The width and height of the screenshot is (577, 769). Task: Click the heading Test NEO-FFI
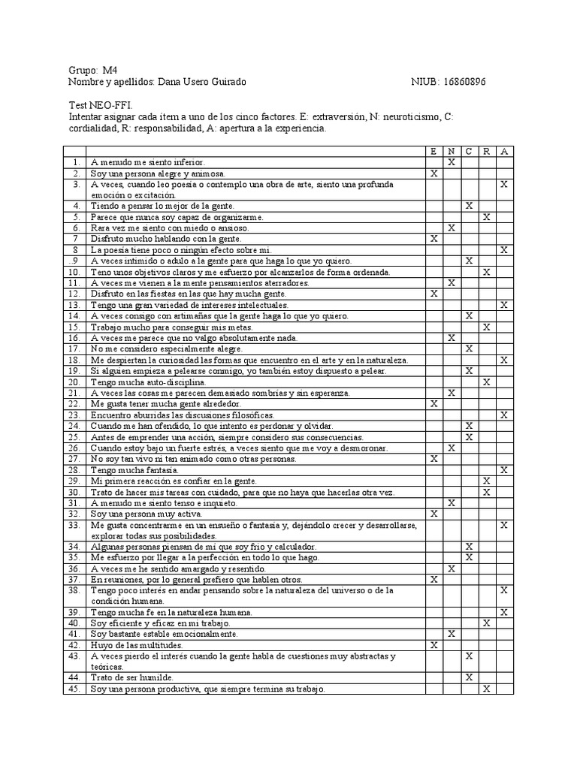(100, 106)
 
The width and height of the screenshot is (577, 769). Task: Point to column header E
(434, 151)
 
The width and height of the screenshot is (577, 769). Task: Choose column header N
(451, 151)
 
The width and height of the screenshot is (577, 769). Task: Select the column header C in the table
(469, 151)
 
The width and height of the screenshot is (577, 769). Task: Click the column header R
(487, 151)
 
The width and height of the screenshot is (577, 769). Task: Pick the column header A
(504, 151)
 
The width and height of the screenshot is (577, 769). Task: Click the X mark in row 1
(451, 161)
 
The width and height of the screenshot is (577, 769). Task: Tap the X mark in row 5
(487, 216)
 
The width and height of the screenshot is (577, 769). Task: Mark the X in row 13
(504, 305)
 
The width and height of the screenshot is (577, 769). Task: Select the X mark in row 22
(434, 403)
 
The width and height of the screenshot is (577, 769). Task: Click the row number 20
(74, 381)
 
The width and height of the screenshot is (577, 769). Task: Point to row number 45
(74, 688)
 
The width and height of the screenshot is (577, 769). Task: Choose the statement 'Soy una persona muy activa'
(146, 514)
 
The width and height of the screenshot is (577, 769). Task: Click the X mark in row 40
(487, 623)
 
